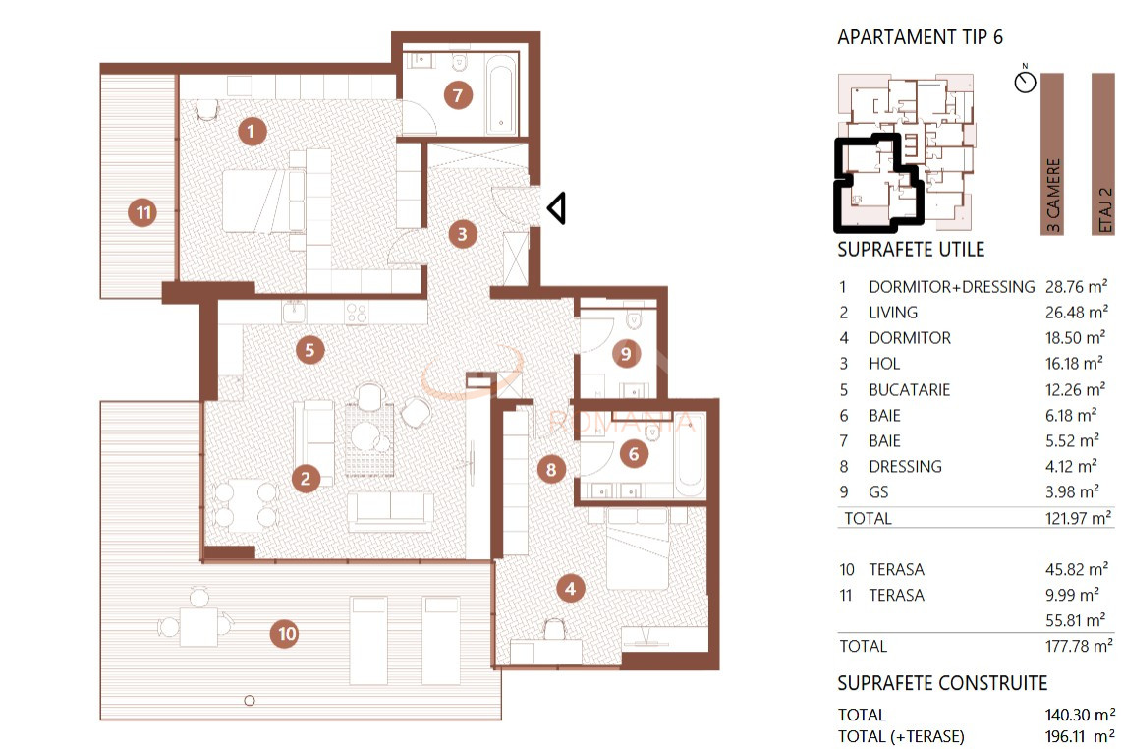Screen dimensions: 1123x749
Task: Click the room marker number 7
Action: click(x=458, y=94)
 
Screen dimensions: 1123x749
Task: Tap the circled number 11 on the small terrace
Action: click(x=142, y=212)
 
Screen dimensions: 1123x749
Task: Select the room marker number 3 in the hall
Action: click(x=462, y=234)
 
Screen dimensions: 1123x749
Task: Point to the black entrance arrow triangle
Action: click(x=556, y=207)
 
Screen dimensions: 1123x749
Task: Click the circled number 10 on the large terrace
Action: click(x=285, y=634)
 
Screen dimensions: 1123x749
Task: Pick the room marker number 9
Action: click(x=626, y=353)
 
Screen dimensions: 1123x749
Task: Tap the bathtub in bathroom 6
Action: click(x=691, y=456)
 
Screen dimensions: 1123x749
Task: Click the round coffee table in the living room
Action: click(x=365, y=434)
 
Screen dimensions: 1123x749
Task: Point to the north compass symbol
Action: click(x=1025, y=80)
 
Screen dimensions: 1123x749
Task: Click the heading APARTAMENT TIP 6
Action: click(x=921, y=37)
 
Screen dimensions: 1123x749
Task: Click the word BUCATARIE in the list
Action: click(x=910, y=390)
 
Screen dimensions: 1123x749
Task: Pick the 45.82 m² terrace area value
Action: click(x=1077, y=569)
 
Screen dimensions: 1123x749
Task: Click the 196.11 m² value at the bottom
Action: click(x=1080, y=736)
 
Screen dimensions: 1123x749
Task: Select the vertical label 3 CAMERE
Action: click(x=1052, y=195)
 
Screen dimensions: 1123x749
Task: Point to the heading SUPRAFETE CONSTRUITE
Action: click(x=942, y=683)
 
